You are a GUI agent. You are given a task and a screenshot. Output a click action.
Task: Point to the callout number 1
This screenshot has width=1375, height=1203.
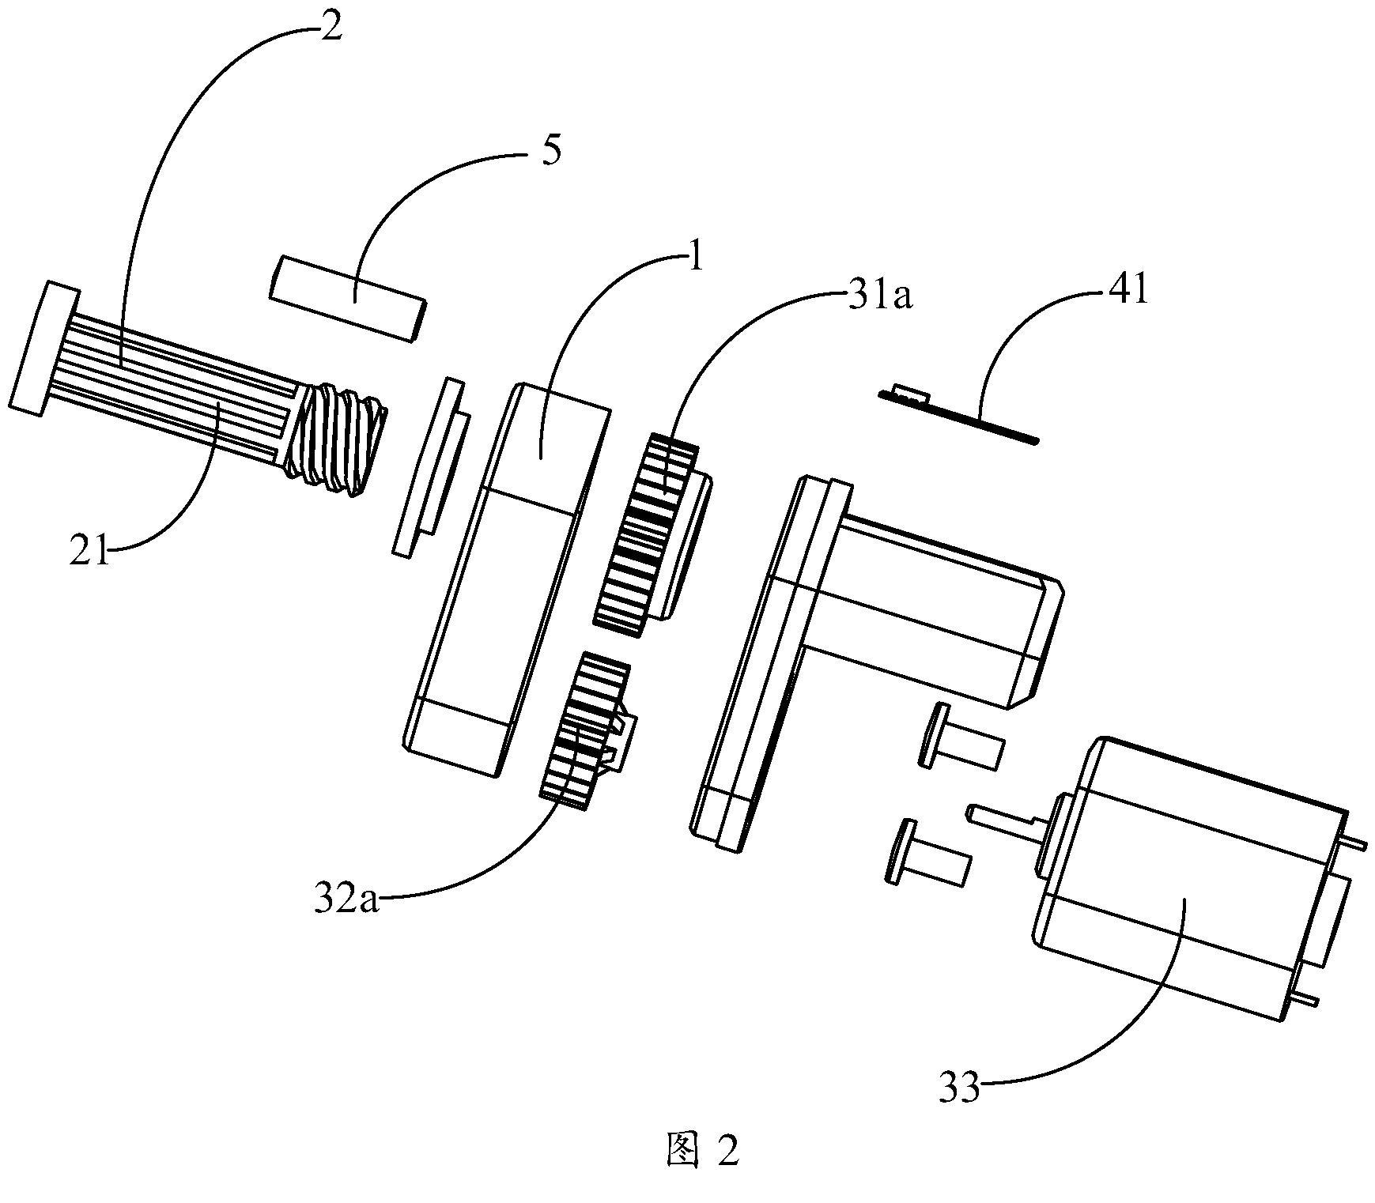pos(695,260)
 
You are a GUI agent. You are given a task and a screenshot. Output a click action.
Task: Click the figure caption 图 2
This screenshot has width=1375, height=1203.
pos(701,1151)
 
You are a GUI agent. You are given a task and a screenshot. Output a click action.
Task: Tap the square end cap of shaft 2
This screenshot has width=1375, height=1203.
pos(44,346)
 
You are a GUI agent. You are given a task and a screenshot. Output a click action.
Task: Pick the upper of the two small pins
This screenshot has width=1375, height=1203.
pos(961,734)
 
